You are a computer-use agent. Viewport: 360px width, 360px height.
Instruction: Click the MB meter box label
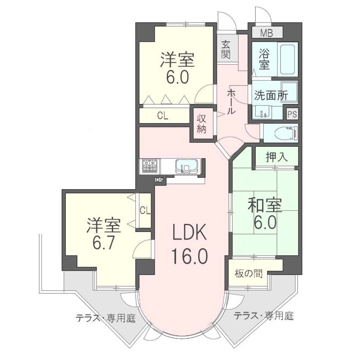coord(266,33)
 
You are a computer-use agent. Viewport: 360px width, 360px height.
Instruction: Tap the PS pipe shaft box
coord(292,114)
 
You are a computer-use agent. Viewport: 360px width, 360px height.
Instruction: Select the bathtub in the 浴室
coord(288,59)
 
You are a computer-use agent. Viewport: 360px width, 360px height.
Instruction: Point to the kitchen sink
coord(186,166)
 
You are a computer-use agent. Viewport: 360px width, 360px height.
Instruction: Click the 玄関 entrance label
coord(226,49)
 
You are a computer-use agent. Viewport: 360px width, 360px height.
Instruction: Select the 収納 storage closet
coord(201,124)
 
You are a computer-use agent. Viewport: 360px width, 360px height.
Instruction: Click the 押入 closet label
coord(277,157)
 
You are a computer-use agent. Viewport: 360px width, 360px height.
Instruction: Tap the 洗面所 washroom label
coord(271,96)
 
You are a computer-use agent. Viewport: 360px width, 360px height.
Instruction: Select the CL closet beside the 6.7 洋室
coord(145,211)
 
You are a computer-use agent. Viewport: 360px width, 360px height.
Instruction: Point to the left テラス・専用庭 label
coord(106,318)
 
